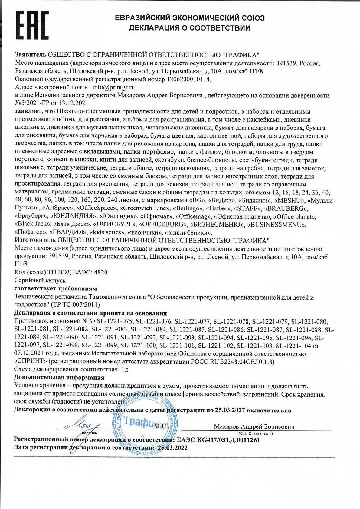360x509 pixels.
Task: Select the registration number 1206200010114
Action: [x=188, y=79]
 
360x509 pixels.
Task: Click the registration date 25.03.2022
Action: [x=172, y=448]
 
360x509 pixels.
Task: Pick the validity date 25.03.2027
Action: [x=230, y=410]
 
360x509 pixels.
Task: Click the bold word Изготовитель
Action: [x=35, y=241]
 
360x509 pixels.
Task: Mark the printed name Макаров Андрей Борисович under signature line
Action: [x=254, y=426]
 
